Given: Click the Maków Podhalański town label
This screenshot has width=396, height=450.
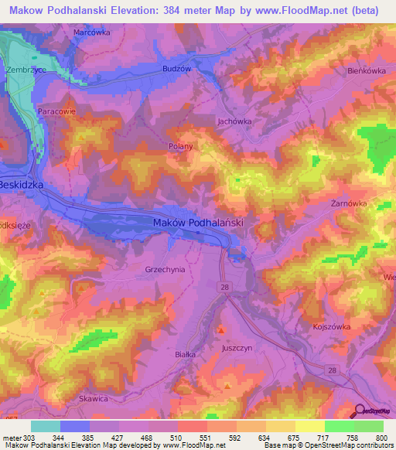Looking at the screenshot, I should click(x=199, y=222).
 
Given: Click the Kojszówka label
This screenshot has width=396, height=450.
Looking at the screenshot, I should click(x=333, y=327).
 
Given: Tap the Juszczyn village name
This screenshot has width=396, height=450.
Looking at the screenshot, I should click(x=237, y=348).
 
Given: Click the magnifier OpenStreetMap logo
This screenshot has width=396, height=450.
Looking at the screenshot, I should click(x=360, y=412).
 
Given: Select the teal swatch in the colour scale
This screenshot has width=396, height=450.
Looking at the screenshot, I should click(x=46, y=426).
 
